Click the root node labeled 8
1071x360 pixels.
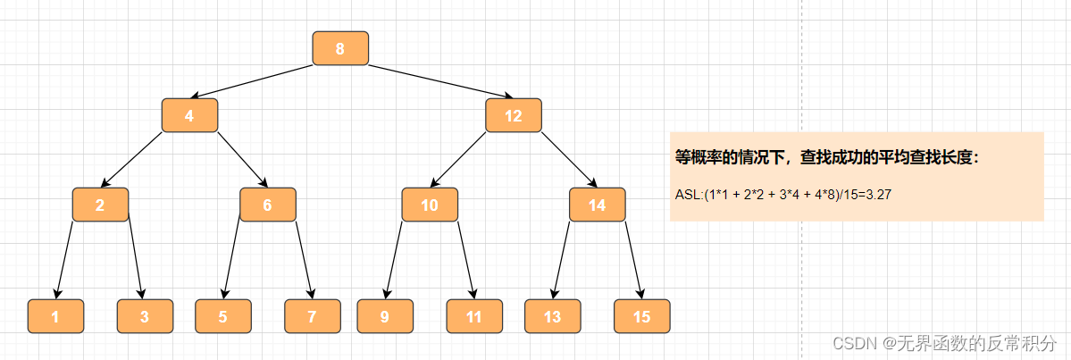point(340,48)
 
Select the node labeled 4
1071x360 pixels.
point(189,115)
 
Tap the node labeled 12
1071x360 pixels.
point(514,115)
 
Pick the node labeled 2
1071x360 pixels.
point(100,205)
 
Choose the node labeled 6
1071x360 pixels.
point(267,205)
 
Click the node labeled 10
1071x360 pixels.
point(430,205)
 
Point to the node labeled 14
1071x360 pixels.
point(598,205)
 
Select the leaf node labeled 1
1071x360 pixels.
point(55,316)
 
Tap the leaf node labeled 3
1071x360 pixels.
point(145,316)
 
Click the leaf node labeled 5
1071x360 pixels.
point(223,316)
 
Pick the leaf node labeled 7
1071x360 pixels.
point(313,316)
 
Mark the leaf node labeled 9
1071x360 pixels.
point(385,316)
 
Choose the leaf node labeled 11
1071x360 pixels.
point(474,316)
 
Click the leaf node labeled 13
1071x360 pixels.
point(553,316)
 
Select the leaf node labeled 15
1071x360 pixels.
point(642,316)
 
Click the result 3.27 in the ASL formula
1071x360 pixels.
point(874,193)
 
